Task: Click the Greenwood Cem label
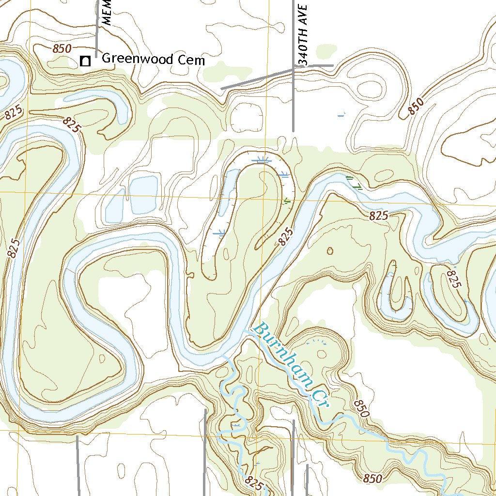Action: coord(153,60)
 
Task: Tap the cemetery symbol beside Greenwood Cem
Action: coord(86,61)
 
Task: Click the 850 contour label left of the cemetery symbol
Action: coord(62,48)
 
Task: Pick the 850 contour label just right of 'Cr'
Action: coord(361,408)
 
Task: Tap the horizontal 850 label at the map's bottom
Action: coord(372,479)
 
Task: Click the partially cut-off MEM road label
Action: coord(108,13)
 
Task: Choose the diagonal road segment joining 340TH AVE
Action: coord(257,79)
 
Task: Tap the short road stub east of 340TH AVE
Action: coord(314,65)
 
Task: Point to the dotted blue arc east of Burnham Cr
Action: coord(317,341)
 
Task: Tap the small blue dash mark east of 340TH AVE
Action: coord(341,115)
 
